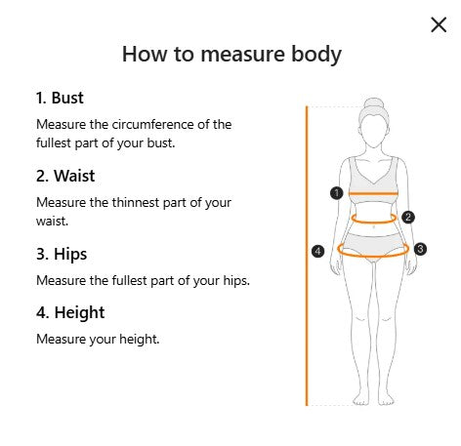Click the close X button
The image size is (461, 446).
[439, 24]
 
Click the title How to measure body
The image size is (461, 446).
[231, 55]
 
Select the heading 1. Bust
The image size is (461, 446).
[60, 98]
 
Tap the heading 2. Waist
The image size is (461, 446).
[65, 176]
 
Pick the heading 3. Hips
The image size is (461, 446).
[62, 254]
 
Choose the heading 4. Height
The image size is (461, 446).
[70, 313]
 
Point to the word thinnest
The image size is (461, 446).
[136, 203]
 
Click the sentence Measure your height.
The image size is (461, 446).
[98, 340]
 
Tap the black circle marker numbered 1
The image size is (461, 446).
[337, 193]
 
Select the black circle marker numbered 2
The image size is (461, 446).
[408, 217]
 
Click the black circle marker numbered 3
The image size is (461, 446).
[420, 249]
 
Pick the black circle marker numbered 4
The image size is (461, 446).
[317, 251]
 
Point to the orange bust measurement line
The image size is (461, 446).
[373, 193]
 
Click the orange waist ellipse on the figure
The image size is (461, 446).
[374, 223]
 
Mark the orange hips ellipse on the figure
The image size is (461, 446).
[373, 257]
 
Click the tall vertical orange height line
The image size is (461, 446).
[307, 256]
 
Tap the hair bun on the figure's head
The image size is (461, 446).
[374, 103]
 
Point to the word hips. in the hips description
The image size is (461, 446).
[236, 281]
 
